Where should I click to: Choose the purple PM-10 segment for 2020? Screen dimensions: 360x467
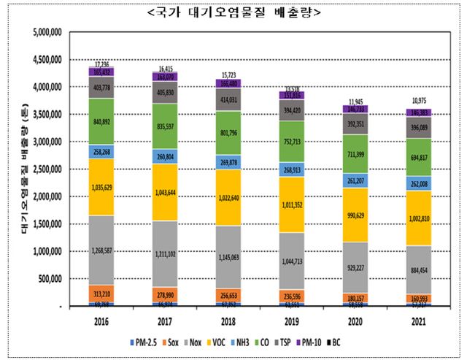click(x=382, y=109)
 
